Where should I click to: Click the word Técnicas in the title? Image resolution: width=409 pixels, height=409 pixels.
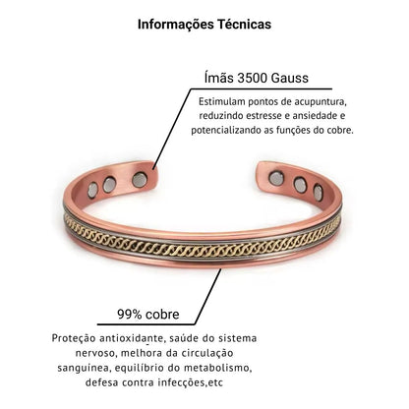(243, 24)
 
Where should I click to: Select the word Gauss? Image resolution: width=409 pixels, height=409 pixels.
(290, 78)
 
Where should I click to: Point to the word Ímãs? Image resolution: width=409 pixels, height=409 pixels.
(219, 78)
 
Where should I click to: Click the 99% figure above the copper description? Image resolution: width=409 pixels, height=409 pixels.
(130, 315)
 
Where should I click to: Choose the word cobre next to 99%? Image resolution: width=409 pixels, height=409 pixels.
(162, 315)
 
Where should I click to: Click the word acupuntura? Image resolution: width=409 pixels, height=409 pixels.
(321, 102)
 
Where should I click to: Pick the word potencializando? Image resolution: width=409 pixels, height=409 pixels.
(226, 131)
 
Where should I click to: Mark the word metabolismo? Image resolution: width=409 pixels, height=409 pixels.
(217, 368)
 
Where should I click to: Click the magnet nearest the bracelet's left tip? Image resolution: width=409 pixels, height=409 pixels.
(140, 180)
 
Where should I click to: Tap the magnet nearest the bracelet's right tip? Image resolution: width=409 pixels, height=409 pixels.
(276, 178)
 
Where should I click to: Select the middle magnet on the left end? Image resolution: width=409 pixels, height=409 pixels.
(109, 185)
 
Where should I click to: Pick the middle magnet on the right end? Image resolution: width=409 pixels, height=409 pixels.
(300, 185)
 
